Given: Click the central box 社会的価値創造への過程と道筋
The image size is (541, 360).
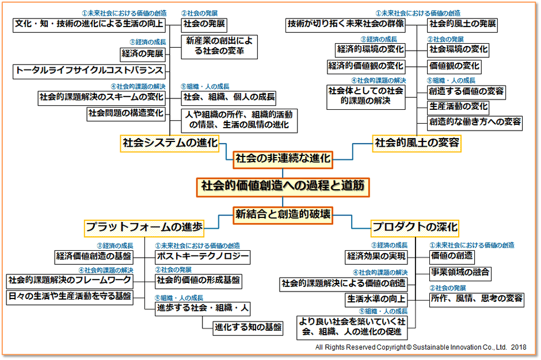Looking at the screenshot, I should [282, 187].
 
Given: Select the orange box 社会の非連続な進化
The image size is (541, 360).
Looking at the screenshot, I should [283, 158].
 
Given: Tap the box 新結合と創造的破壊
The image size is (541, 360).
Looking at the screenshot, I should [283, 215].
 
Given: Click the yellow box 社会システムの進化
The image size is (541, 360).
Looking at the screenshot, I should [170, 143].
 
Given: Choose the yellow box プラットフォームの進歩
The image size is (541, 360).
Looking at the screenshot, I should [144, 228].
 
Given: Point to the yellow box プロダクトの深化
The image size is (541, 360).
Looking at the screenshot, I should [414, 228].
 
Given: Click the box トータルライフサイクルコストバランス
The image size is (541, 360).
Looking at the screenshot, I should [89, 71].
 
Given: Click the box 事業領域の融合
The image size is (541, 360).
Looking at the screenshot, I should [460, 272].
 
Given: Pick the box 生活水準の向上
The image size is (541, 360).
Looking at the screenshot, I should [376, 299].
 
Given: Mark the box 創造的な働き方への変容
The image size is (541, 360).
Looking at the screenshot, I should [475, 122].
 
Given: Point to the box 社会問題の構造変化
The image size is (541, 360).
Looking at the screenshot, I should [126, 113].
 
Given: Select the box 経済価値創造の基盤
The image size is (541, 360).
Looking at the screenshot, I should [93, 256].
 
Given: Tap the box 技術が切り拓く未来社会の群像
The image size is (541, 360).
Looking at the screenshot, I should [345, 24].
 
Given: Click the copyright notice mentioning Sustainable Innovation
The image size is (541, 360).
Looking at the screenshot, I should [420, 347].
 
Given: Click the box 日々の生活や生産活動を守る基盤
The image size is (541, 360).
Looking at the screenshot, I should [69, 297].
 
